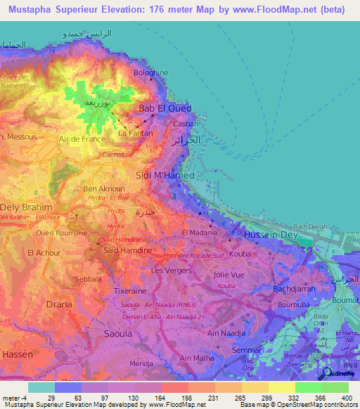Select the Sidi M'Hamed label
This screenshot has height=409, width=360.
coord(165,174)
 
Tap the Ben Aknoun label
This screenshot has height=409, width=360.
coord(104,189)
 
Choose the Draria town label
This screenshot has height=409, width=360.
coord(58,304)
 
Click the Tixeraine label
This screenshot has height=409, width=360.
coord(131,289)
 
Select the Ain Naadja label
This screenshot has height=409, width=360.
coord(226,333)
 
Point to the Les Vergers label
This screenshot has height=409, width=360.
coord(168,271)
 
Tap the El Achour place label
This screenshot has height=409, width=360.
coord(41,252)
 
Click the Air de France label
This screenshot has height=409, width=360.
coord(82,140)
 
